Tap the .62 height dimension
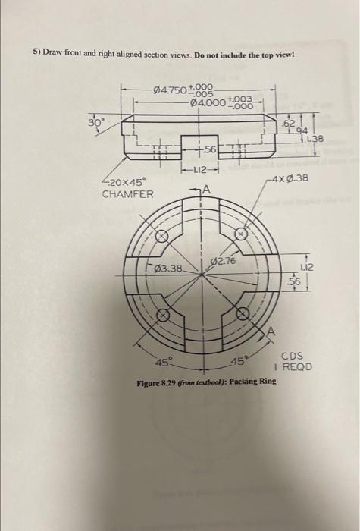click(x=289, y=122)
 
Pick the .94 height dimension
click(x=302, y=130)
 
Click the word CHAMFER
click(x=127, y=194)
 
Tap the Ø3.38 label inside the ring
click(x=167, y=269)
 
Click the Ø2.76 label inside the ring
click(x=224, y=261)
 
